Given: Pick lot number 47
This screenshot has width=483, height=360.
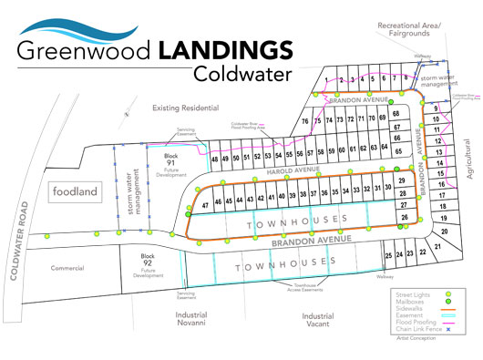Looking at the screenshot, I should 206,204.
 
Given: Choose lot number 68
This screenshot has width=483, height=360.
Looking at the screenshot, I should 396,114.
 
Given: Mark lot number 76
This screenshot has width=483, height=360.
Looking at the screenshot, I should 305,119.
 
